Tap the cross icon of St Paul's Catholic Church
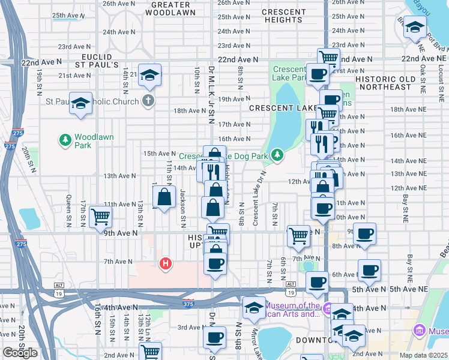pos(148,101)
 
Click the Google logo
pos(20,352)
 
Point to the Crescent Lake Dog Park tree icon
pos(277,155)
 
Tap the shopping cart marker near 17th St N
pos(100,217)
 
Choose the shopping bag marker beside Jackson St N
pos(164,196)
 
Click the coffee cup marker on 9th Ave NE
pos(364,233)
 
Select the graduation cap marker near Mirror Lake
pos(254,307)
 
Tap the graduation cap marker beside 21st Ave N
pos(150,74)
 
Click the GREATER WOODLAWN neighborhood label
pos(170,8)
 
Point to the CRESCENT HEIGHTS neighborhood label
pos(283,16)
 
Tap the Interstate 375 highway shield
pos(188,303)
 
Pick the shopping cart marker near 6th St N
pos(298,236)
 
